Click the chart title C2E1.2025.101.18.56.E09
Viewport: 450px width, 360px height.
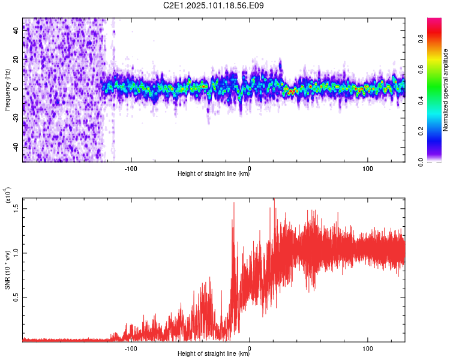(x=214, y=6)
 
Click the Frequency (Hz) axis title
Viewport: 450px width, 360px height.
(x=7, y=90)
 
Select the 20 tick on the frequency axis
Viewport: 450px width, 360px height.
(x=16, y=59)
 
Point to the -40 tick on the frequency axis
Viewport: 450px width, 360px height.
(x=16, y=147)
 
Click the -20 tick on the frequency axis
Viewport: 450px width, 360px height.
(x=16, y=118)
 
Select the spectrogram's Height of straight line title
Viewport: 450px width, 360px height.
(x=214, y=174)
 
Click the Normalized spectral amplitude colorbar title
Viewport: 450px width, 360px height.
(x=445, y=90)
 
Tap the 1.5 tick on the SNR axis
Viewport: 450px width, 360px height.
(x=16, y=208)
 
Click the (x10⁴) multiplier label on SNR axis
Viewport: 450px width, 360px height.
(x=8, y=196)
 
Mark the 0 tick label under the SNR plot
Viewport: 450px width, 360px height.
(x=249, y=347)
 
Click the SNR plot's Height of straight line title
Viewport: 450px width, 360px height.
(x=214, y=354)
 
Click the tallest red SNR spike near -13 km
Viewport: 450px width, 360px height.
(x=233, y=203)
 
